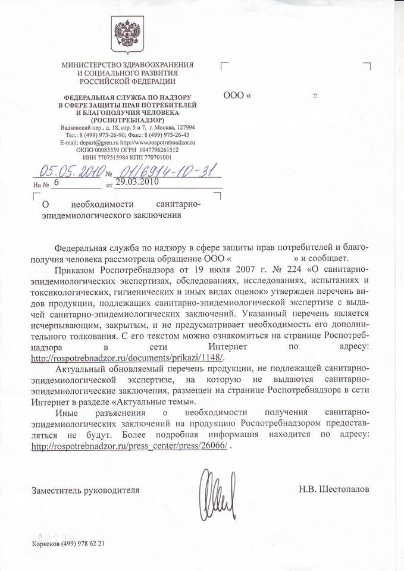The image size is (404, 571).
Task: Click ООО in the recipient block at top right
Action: click(x=234, y=95)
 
